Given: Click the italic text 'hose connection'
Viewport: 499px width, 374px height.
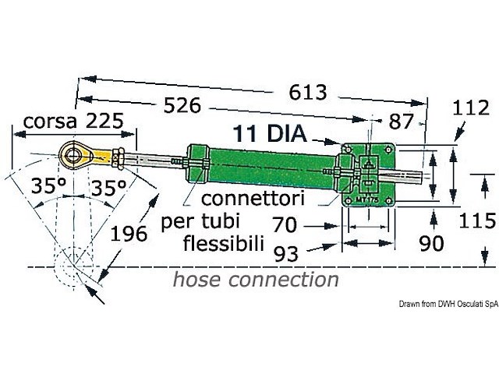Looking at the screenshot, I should click(x=257, y=279).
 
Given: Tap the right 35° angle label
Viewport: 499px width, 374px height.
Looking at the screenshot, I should click(x=107, y=188).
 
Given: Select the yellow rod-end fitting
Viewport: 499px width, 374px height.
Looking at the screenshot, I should click(x=101, y=156).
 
